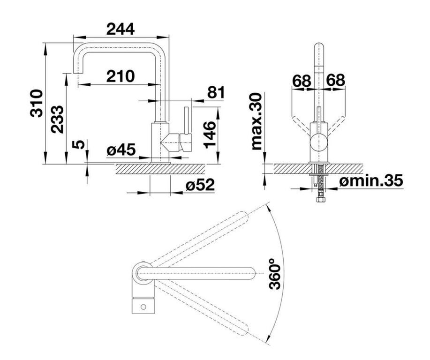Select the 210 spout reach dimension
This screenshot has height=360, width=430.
tap(121, 76)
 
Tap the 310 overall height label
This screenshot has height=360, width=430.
tap(37, 103)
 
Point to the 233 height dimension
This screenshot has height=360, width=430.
tap(57, 119)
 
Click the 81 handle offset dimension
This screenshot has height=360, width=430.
tap(216, 92)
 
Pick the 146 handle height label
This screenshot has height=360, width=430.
tap(210, 135)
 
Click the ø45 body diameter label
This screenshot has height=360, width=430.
tap(121, 150)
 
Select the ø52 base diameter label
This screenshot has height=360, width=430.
tap(200, 185)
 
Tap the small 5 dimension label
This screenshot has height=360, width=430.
tap(78, 144)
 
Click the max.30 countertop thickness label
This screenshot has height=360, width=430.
tap(256, 121)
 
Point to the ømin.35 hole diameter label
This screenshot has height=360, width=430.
tap(371, 180)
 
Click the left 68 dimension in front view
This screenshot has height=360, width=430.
tap(302, 80)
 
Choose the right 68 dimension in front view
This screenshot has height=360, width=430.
tap(335, 80)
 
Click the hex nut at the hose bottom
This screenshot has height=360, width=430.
tap(321, 199)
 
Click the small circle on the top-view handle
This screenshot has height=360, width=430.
tap(143, 307)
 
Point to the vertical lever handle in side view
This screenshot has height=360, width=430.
tap(187, 120)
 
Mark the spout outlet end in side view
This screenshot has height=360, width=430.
tap(78, 72)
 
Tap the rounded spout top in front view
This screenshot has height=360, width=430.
tap(318, 45)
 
